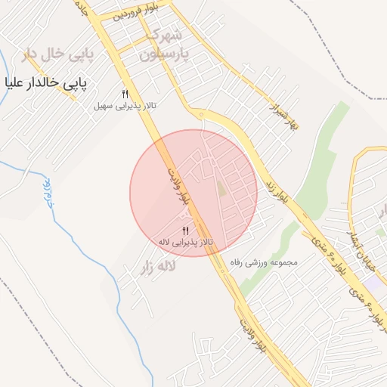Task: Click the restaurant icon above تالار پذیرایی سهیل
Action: tap(125, 94)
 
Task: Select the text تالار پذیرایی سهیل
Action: tap(125, 106)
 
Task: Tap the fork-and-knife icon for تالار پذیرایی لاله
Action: tap(185, 231)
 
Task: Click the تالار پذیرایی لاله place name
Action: tap(185, 242)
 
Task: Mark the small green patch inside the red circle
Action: tap(221, 188)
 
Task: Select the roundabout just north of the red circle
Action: tap(202, 115)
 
